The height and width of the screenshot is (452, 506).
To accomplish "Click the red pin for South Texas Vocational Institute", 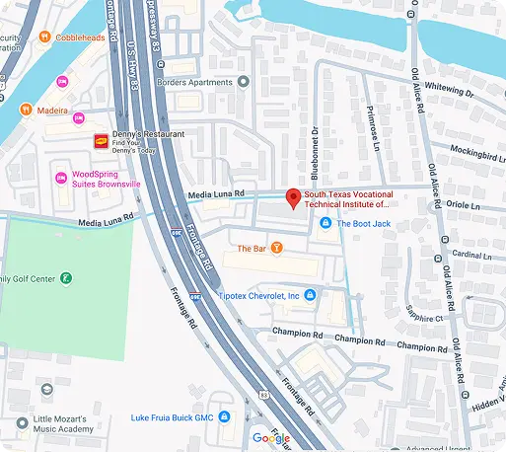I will tap(292, 196).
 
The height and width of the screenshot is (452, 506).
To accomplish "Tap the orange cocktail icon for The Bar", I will tap(277, 247).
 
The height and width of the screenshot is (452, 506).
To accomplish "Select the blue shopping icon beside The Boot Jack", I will tap(325, 224).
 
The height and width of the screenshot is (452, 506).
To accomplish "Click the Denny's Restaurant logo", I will tap(100, 141).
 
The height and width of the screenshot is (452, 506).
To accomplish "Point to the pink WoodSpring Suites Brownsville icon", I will tap(60, 179).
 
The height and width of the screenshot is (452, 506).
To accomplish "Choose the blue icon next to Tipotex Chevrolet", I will tap(309, 295).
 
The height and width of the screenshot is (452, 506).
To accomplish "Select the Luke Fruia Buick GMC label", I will tap(172, 417).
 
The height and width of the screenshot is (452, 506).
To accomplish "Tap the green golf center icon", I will tap(66, 279).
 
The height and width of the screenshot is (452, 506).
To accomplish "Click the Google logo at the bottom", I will tap(270, 438).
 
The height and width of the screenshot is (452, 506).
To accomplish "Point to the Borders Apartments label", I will tap(222, 84).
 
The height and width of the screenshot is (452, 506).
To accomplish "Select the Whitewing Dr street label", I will tap(451, 89).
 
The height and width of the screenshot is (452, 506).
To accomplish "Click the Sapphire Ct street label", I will tap(424, 314).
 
